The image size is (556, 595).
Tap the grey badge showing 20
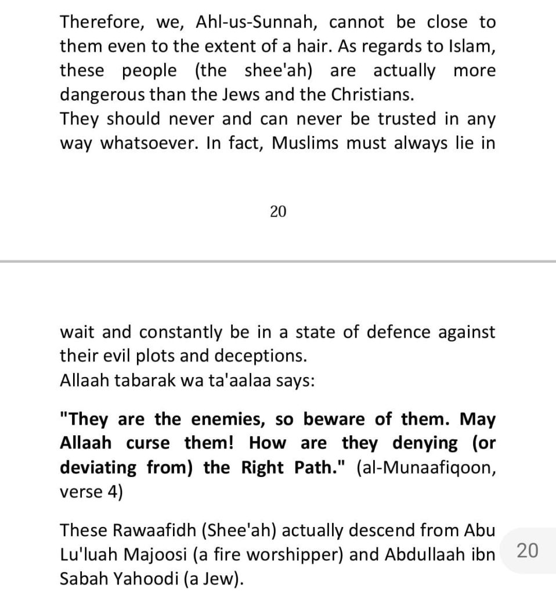click(526, 550)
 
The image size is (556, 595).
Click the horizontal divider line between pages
click(278, 262)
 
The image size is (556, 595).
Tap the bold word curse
click(147, 443)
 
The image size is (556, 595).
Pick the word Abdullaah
click(425, 554)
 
